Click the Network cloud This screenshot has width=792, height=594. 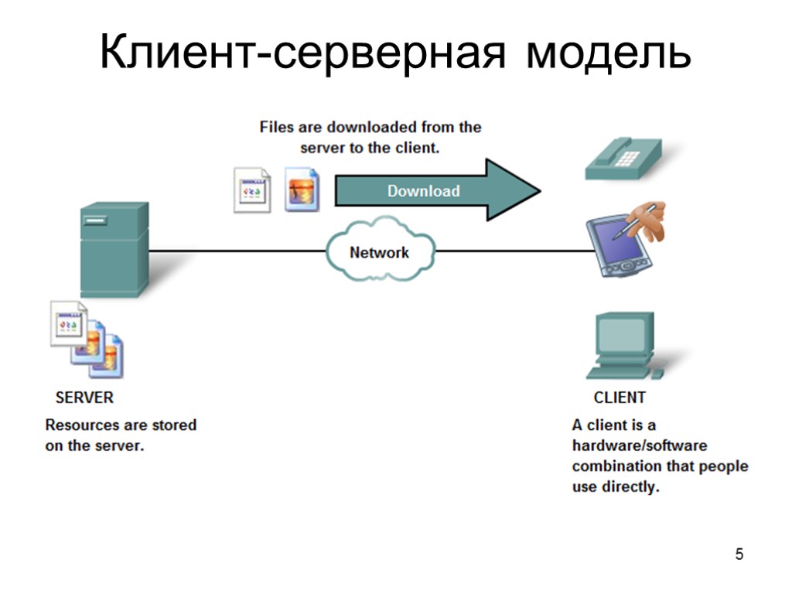coord(379,252)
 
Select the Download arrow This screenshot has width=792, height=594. coord(433,190)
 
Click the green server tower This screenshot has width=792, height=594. coord(114,247)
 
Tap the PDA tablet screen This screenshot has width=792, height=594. coord(615,240)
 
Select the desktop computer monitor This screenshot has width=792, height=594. coord(623,334)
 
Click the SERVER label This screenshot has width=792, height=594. coord(84,398)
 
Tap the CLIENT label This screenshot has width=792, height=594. coord(620,398)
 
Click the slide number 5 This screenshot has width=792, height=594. coord(739,554)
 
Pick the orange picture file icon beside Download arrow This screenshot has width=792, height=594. coord(301,189)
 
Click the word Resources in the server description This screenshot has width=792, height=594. coord(82,425)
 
